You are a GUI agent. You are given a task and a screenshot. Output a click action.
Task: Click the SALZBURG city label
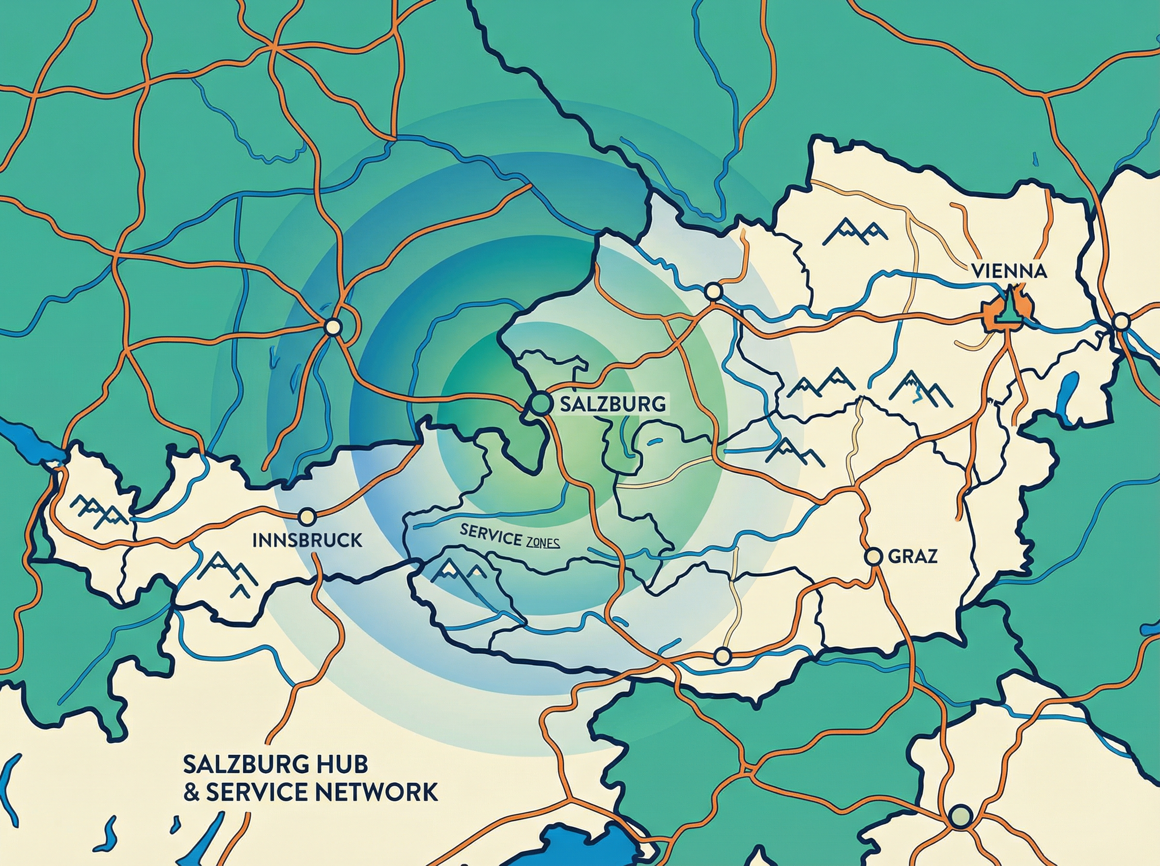[x=613, y=404]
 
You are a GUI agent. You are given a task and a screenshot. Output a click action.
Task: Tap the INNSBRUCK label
[x=307, y=540]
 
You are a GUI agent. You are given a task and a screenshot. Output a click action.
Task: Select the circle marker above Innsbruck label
[x=305, y=516]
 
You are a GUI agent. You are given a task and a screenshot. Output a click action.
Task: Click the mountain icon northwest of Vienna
[x=855, y=231]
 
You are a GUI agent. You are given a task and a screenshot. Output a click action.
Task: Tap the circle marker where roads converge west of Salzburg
[x=333, y=327]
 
